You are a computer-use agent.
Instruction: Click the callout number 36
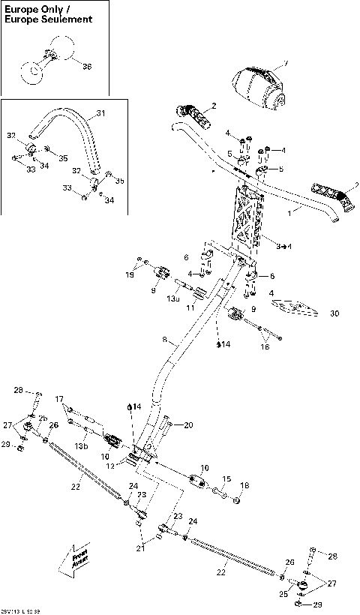[x=87, y=67]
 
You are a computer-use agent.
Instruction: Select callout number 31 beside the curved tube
[x=101, y=115]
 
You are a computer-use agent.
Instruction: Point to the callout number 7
[x=284, y=65]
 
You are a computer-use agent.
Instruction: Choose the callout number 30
[x=334, y=313]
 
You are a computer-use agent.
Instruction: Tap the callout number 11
[x=190, y=307]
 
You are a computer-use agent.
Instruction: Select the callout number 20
[x=188, y=425]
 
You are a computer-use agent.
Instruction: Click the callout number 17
[x=59, y=399]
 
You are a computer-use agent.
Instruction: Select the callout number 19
[x=130, y=276]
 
